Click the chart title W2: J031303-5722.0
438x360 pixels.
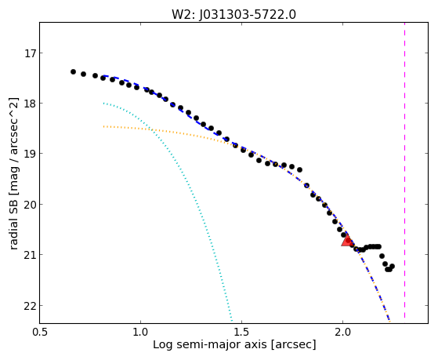[x=233, y=14]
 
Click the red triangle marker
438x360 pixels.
[x=347, y=241]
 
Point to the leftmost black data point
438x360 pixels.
[x=73, y=72]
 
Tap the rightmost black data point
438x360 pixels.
[x=392, y=267]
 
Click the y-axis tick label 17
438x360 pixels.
[x=30, y=53]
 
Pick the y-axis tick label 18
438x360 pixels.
[x=30, y=104]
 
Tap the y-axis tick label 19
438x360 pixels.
[x=30, y=154]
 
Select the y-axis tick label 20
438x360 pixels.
[x=30, y=205]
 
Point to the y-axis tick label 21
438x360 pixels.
[x=30, y=255]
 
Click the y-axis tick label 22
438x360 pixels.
[x=30, y=305]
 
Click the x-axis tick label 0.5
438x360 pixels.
[x=40, y=332]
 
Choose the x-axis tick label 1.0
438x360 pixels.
[x=140, y=332]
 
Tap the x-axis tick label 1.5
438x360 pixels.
[x=241, y=332]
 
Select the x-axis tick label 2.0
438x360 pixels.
[x=342, y=332]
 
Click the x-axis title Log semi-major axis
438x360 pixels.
[x=209, y=344]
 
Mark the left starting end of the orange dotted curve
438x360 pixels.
[x=103, y=126]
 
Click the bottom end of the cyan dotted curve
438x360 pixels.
[x=232, y=321]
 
